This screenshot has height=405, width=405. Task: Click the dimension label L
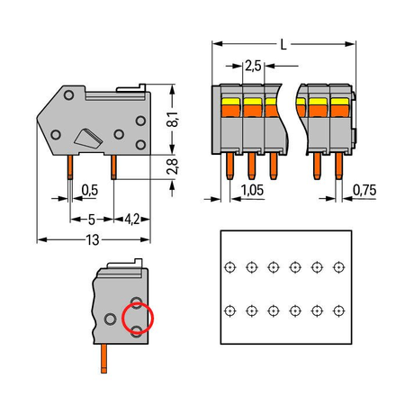[283, 45]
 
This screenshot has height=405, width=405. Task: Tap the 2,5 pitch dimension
[253, 66]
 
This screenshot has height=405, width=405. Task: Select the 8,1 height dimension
[173, 119]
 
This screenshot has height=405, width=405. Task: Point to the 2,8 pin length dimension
[173, 166]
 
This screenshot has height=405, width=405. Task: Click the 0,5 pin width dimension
[90, 190]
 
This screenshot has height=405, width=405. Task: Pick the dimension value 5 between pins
[92, 220]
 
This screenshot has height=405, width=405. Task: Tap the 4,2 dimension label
[132, 220]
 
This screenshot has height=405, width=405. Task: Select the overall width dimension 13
[93, 240]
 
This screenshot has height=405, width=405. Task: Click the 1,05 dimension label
[252, 190]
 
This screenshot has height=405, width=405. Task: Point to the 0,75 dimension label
[364, 190]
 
